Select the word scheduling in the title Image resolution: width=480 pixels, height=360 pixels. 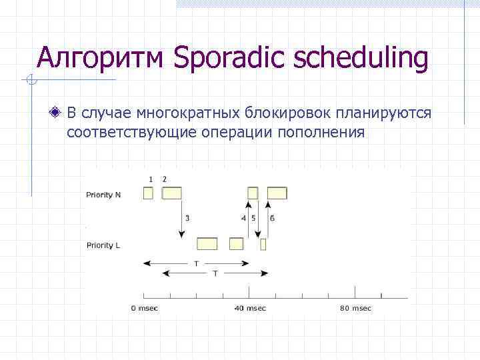(x=355, y=59)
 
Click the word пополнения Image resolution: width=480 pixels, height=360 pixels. (x=327, y=132)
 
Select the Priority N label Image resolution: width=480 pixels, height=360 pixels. (x=103, y=195)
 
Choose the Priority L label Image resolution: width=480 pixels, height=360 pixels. (x=103, y=245)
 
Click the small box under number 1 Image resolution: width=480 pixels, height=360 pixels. (x=149, y=193)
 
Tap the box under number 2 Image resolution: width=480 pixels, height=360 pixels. (x=172, y=193)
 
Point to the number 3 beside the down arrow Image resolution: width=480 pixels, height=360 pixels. (x=187, y=218)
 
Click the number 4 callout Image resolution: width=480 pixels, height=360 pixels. (x=243, y=218)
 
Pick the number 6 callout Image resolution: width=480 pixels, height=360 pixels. (x=272, y=218)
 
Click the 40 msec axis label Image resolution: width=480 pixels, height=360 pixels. (x=250, y=308)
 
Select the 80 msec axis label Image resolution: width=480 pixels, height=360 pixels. (x=355, y=308)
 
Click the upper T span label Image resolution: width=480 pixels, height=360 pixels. (x=196, y=263)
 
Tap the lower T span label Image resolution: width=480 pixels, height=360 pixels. (x=215, y=273)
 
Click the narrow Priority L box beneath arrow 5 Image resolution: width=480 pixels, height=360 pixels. (x=263, y=244)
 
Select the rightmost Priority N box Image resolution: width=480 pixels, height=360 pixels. (x=277, y=193)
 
